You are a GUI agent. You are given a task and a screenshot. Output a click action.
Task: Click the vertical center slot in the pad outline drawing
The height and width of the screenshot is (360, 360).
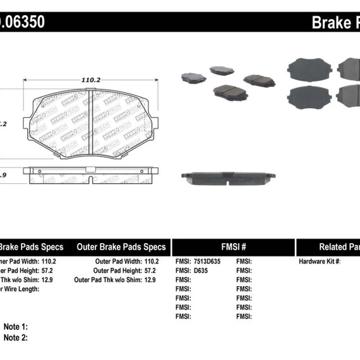click(91, 123)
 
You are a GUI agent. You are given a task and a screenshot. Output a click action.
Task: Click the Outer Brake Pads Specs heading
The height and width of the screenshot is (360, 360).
click(121, 247)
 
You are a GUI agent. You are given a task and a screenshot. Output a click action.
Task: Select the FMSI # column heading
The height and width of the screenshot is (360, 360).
click(232, 247)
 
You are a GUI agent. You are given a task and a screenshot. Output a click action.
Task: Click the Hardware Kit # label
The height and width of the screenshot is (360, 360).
click(319, 261)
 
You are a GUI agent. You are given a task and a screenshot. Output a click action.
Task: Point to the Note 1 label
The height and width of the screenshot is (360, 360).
click(15, 327)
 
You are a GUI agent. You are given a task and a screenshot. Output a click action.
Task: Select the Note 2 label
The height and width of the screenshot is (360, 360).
click(15, 337)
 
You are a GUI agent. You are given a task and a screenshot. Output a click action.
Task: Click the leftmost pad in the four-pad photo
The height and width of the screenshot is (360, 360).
click(193, 77)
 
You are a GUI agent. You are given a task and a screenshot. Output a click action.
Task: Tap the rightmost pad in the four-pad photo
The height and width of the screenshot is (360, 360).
click(259, 80)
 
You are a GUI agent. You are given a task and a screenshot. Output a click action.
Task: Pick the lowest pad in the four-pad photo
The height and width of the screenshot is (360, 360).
click(231, 92)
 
